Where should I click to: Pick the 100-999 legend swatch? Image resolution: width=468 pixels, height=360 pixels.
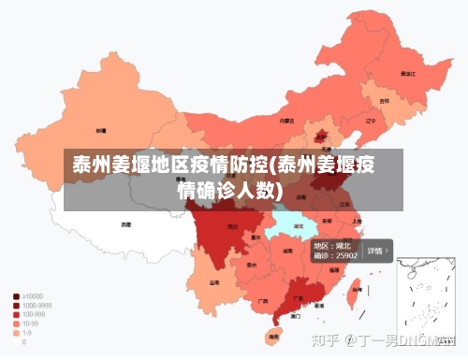tap(15, 315)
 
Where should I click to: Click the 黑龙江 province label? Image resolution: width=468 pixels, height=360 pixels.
tap(407, 72)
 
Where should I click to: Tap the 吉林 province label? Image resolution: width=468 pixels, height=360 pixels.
tap(384, 100)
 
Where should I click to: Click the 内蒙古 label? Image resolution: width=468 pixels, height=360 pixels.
tap(287, 121)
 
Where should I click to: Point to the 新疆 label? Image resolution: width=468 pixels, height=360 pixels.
tap(100, 131)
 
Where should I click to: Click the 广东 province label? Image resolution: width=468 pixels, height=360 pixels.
tap(299, 299)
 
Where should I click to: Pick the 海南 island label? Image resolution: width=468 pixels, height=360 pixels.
tap(273, 334)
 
